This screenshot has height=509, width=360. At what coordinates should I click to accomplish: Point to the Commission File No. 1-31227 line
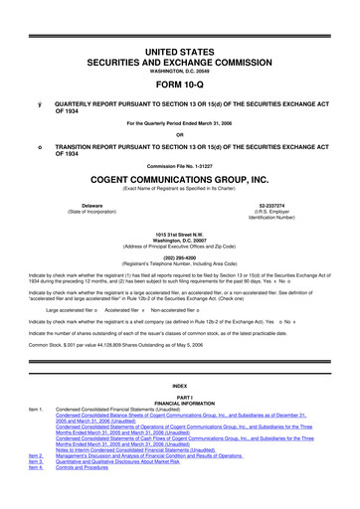pyautogui.click(x=179, y=176)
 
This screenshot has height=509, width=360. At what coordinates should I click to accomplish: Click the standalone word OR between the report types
pyautogui.click(x=179, y=135)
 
